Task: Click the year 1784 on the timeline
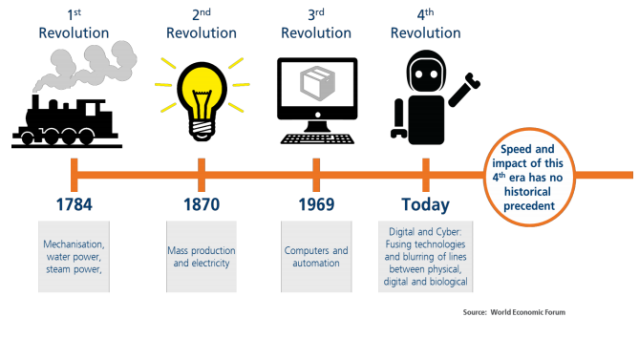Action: [x=73, y=205]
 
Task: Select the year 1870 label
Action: [x=202, y=205]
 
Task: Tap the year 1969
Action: [x=316, y=205]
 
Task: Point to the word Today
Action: [x=425, y=205]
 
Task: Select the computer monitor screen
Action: [x=317, y=90]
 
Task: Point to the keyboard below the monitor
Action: [x=317, y=138]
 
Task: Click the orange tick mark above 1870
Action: [x=202, y=175]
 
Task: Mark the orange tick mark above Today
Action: [x=425, y=175]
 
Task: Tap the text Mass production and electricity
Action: [x=202, y=257]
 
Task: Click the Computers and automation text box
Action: [x=316, y=257]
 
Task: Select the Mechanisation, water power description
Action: [x=74, y=257]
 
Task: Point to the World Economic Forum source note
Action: [x=521, y=311]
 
